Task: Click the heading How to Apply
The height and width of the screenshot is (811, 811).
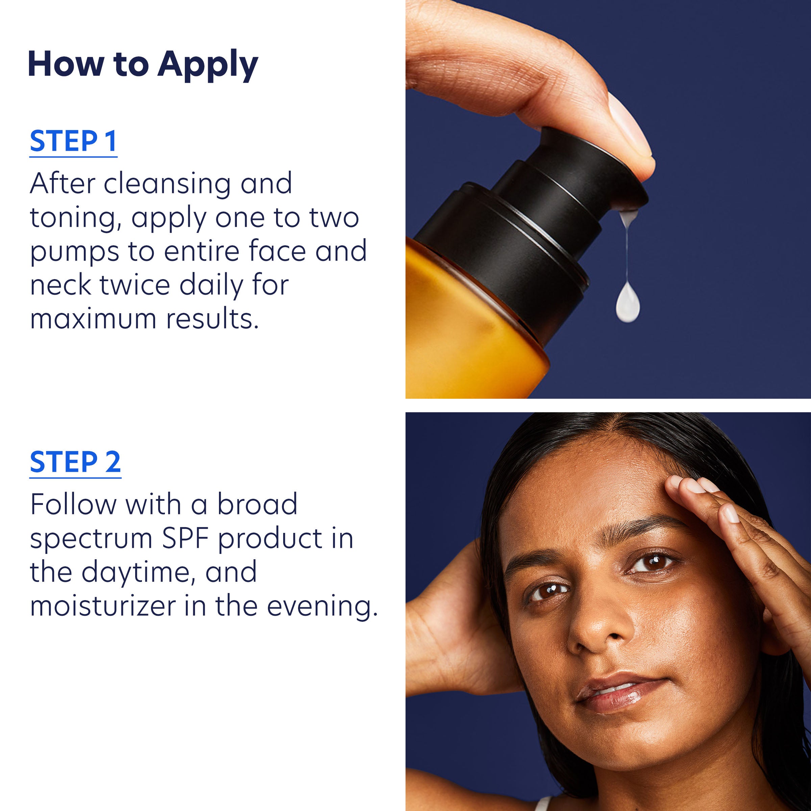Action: pyautogui.click(x=143, y=64)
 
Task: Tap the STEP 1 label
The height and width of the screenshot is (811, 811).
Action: pyautogui.click(x=73, y=142)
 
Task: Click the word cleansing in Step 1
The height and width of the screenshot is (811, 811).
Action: pyautogui.click(x=167, y=184)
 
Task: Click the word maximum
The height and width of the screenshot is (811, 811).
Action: pyautogui.click(x=93, y=319)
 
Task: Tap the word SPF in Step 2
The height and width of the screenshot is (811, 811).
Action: pyautogui.click(x=185, y=538)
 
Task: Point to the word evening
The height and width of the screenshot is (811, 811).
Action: pyautogui.click(x=322, y=607)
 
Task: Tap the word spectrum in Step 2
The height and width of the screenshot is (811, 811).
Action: pyautogui.click(x=91, y=539)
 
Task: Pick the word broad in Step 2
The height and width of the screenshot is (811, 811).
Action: pyautogui.click(x=257, y=504)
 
